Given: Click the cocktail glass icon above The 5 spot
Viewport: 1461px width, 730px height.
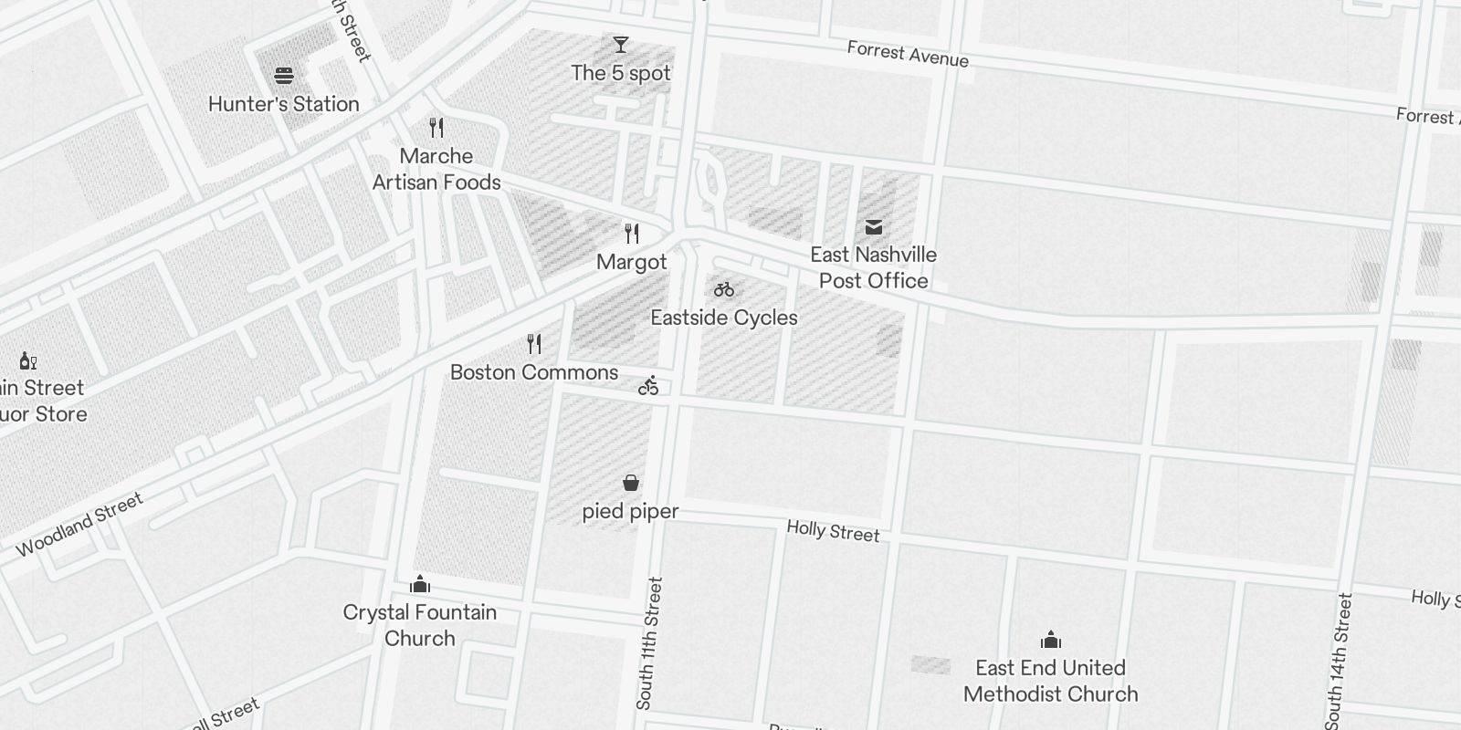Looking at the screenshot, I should coord(621,44).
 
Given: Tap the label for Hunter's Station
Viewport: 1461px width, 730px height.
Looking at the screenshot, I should coord(284,104).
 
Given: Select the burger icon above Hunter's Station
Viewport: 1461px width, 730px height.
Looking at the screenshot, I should coord(284,75).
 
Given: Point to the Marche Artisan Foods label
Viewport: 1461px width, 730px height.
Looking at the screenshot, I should coord(436,169).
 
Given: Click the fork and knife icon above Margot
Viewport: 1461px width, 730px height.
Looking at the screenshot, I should coord(632,234).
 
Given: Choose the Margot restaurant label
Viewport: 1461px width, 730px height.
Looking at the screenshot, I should coord(632,263).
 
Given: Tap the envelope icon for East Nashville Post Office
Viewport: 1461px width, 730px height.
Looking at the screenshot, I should coord(874,226).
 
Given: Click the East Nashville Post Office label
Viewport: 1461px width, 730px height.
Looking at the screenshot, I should coord(874,267).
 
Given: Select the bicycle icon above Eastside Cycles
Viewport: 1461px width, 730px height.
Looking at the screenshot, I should coord(724,289).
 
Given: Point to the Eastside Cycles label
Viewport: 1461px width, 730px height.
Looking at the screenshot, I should coord(724,318).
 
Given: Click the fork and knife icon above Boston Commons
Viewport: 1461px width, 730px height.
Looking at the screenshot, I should coord(535,344).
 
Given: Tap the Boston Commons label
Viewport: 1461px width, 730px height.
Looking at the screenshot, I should coord(534,372).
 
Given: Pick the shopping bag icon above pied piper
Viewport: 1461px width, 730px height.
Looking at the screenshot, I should coord(631,483).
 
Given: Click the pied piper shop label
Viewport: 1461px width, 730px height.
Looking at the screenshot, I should coord(631,511).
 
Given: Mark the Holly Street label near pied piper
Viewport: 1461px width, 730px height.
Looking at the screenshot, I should coord(833,531).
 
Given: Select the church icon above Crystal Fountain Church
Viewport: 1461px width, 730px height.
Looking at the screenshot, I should coord(420,583).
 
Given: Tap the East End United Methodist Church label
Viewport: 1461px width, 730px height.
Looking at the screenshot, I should coord(1051,681).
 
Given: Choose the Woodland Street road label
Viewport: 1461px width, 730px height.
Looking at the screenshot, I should coord(79,525).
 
